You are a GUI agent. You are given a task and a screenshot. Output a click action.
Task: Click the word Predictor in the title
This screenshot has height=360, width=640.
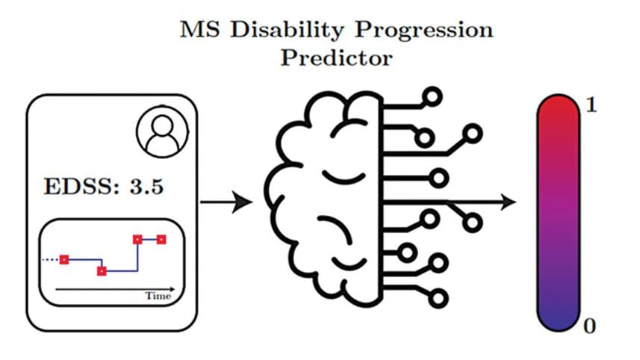click(x=336, y=58)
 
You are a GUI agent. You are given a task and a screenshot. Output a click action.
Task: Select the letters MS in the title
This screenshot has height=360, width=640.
click(x=196, y=30)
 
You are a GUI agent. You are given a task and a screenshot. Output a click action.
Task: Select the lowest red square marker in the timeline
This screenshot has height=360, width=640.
click(x=102, y=270)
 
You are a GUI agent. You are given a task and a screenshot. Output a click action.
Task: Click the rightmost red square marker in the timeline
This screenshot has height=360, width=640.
click(x=161, y=240)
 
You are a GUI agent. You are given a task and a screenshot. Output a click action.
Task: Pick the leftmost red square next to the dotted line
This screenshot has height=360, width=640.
click(x=64, y=259)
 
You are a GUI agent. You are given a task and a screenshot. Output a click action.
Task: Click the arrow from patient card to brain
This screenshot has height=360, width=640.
click(x=229, y=201)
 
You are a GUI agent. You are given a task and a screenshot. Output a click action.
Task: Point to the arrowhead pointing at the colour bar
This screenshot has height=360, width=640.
click(x=509, y=201)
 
